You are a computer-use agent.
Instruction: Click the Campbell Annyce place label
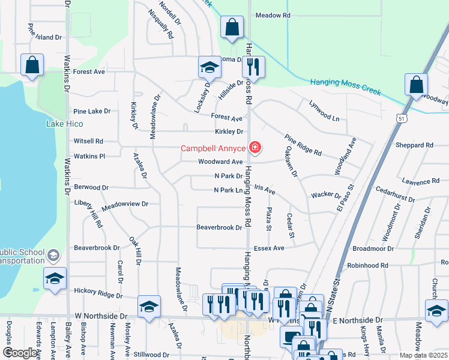click(x=214, y=148)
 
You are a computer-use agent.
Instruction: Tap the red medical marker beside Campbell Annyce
click(x=255, y=148)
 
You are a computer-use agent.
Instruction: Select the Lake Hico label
click(x=64, y=124)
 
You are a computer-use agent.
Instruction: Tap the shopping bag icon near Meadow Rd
click(x=231, y=28)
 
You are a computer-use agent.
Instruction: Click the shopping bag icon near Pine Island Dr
click(x=32, y=65)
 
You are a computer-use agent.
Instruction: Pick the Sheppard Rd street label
click(x=414, y=145)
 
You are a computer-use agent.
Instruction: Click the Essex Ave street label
click(x=269, y=248)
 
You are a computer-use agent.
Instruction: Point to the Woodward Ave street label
click(x=220, y=162)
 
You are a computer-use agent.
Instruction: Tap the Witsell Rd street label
click(x=88, y=141)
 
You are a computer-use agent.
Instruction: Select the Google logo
click(x=20, y=353)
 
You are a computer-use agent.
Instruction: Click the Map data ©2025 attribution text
click(x=423, y=355)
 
